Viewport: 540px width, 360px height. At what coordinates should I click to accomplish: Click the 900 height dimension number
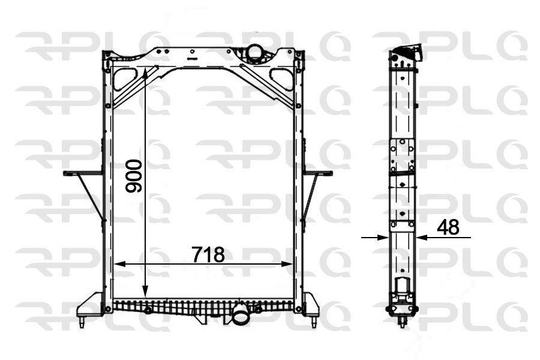133,176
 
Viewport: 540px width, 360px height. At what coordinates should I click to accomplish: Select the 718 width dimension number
208,255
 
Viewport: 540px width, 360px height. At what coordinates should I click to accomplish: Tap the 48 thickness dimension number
448,227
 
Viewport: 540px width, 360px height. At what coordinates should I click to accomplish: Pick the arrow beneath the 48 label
423,238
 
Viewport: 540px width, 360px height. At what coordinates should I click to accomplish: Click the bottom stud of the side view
401,323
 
